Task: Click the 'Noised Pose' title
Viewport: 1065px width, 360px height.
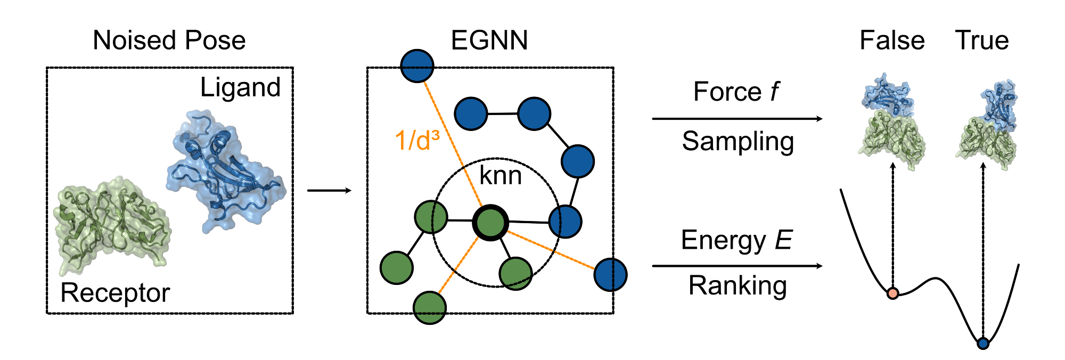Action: (169, 40)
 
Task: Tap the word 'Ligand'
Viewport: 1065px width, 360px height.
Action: (240, 87)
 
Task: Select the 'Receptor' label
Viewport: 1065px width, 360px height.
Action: (115, 292)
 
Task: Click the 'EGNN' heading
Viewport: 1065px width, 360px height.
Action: (489, 40)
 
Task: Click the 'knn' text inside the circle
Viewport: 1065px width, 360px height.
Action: (500, 176)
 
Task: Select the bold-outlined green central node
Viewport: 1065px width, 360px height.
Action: (490, 223)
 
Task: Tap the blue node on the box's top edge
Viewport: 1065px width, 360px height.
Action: (417, 66)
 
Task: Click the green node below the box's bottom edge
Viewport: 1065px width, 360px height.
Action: (430, 307)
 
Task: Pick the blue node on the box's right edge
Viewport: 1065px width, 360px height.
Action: (610, 275)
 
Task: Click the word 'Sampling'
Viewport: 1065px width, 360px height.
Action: (738, 142)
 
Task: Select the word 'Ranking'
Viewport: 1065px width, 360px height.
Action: (738, 285)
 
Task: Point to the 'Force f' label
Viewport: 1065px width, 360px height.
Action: (736, 92)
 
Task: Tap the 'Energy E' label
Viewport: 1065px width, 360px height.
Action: (736, 240)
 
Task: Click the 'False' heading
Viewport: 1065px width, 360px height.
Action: (892, 40)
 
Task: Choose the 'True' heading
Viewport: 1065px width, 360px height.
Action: (981, 40)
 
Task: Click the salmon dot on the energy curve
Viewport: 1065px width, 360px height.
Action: (893, 293)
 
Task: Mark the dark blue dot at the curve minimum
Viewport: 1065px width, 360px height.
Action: (983, 343)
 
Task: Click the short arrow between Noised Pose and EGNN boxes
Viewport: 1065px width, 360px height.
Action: (329, 191)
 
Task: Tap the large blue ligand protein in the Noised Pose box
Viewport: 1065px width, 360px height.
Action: (226, 170)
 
